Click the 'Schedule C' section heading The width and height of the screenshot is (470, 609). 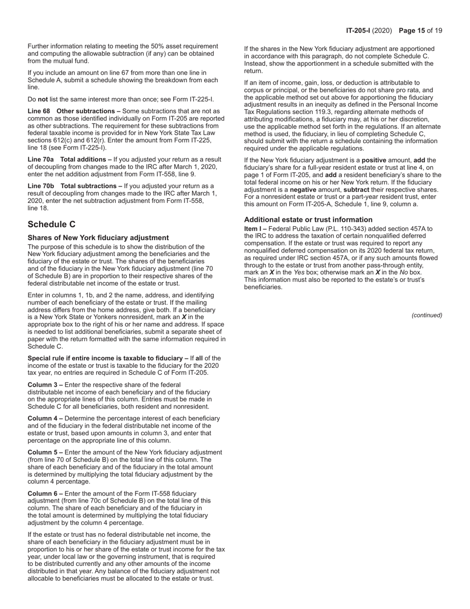pos(51,224)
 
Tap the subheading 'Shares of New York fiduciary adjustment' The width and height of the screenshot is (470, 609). pos(98,238)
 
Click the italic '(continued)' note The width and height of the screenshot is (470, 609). pos(426,315)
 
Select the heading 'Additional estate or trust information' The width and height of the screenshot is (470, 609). pos(308,220)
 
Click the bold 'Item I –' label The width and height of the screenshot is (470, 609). pos(256,229)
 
